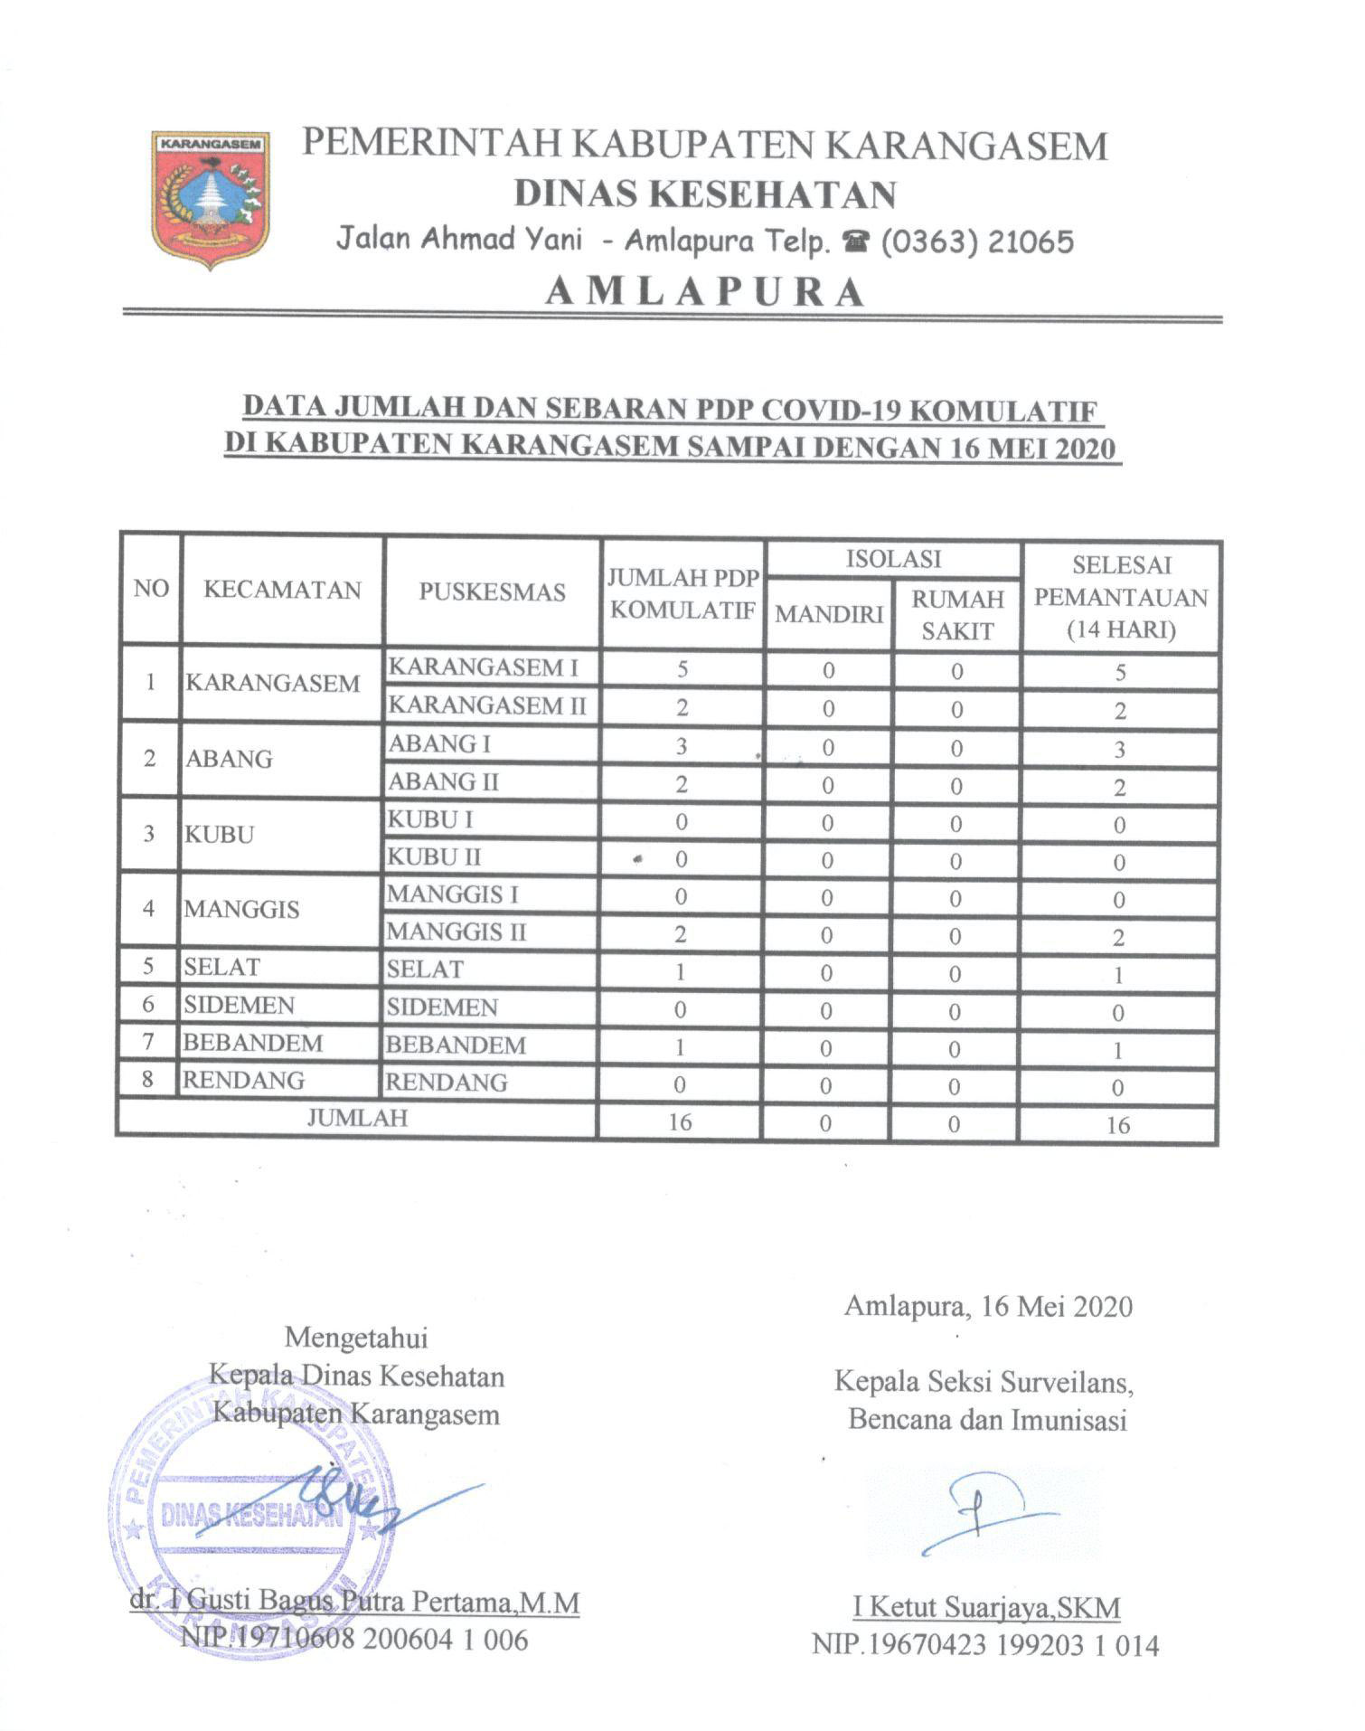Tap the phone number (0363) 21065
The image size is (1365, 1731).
[x=977, y=241]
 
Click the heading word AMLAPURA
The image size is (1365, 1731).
[x=705, y=291]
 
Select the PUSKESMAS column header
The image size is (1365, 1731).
[x=492, y=591]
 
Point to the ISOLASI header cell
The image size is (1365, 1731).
[x=893, y=559]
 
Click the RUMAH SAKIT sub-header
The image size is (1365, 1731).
[x=957, y=615]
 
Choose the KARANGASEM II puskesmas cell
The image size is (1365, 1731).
[x=487, y=705]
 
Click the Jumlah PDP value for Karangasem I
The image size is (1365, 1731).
[x=682, y=669]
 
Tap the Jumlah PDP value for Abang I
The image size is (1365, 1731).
[x=682, y=746]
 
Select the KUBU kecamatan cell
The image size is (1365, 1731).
[x=220, y=834]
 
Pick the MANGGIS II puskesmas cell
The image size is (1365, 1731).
[x=457, y=932]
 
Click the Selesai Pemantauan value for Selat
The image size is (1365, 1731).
[x=1118, y=975]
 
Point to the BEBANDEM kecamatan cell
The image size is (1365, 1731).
[x=253, y=1043]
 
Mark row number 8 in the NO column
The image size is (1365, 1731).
[x=147, y=1080]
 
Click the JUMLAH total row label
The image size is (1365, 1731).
[x=357, y=1118]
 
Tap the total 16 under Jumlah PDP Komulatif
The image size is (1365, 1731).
[x=680, y=1122]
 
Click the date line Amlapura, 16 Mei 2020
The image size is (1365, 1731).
[x=987, y=1306]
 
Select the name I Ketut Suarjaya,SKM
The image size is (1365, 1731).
[x=986, y=1607]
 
